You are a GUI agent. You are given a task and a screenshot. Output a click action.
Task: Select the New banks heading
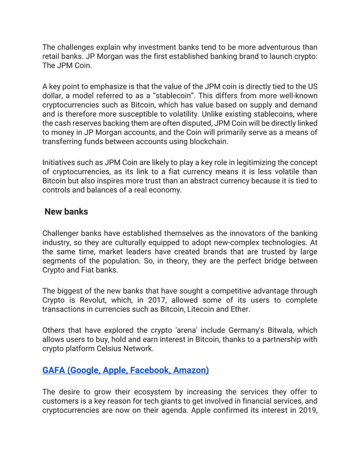point(67,214)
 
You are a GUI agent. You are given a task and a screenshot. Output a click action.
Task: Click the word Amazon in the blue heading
point(191,371)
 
